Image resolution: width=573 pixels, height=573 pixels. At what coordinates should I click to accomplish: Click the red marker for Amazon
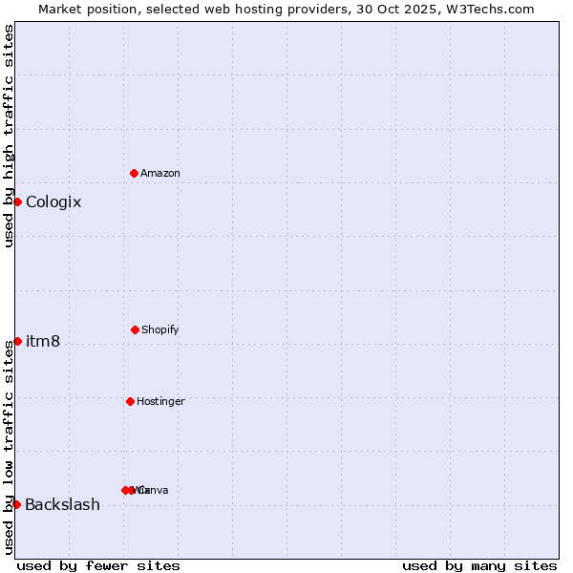pyautogui.click(x=134, y=173)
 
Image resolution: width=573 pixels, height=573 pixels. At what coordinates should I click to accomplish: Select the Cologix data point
pyautogui.click(x=17, y=202)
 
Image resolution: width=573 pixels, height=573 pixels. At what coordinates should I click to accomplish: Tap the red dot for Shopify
pyautogui.click(x=135, y=329)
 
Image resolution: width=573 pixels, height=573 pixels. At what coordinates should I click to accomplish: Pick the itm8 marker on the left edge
pyautogui.click(x=17, y=341)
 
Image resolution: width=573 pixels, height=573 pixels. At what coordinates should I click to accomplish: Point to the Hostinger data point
pyautogui.click(x=130, y=401)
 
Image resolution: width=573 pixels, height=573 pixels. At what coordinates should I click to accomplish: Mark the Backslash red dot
pyautogui.click(x=16, y=504)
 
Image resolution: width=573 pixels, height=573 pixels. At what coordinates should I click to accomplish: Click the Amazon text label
pyautogui.click(x=160, y=173)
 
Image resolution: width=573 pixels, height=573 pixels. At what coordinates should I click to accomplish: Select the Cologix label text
pyautogui.click(x=53, y=202)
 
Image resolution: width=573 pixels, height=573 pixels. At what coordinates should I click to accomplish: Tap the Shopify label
pyautogui.click(x=160, y=329)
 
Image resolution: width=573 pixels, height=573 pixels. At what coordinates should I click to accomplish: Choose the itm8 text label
pyautogui.click(x=43, y=342)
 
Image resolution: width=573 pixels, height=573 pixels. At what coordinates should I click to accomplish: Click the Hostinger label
pyautogui.click(x=160, y=401)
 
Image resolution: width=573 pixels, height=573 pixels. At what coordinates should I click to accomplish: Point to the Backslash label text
pyautogui.click(x=62, y=504)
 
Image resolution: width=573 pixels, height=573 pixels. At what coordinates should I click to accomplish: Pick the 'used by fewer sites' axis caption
pyautogui.click(x=98, y=565)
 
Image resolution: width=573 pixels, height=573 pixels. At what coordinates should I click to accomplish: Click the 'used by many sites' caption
pyautogui.click(x=479, y=565)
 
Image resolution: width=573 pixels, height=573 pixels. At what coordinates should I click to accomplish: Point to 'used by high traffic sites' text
pyautogui.click(x=9, y=136)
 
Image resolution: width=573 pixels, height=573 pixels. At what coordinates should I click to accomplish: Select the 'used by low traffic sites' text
pyautogui.click(x=9, y=447)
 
